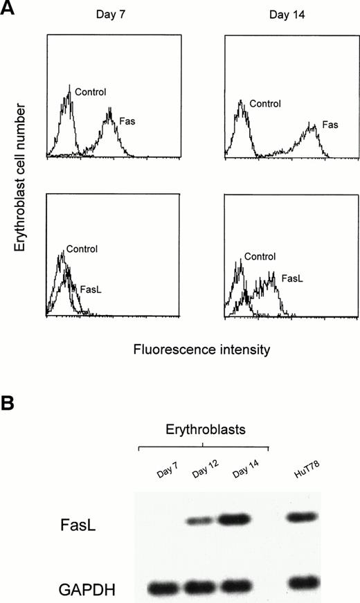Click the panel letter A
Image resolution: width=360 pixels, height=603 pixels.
click(9, 9)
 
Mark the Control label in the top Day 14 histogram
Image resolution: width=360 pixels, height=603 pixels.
click(266, 105)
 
